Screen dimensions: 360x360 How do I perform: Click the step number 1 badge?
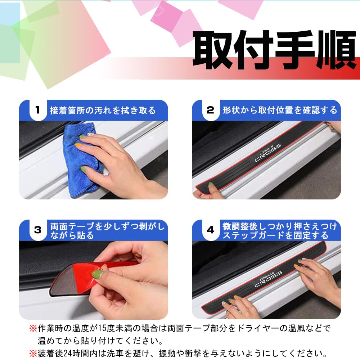(x=38, y=110)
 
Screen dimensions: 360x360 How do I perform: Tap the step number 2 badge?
(x=211, y=110)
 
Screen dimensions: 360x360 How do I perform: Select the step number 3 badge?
(x=38, y=230)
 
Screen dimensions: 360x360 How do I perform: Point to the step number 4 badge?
(x=211, y=230)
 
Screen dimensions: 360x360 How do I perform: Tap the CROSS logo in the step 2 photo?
(x=268, y=153)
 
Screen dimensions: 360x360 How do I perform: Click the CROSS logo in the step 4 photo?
(x=268, y=279)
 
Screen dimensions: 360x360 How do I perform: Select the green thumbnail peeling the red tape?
(x=98, y=274)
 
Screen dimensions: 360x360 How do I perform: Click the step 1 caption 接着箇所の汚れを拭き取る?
(x=103, y=111)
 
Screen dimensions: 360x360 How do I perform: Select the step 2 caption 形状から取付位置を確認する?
(x=280, y=110)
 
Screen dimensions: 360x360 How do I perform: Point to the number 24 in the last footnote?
(x=68, y=354)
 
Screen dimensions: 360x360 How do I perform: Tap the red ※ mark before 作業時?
(x=33, y=328)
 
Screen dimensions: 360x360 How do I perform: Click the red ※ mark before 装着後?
(x=33, y=354)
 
